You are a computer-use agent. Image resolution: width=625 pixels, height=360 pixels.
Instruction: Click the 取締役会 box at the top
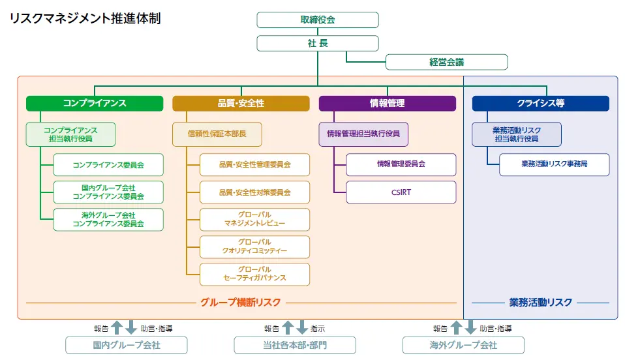(317, 20)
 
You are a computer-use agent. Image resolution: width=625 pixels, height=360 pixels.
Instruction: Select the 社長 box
(317, 43)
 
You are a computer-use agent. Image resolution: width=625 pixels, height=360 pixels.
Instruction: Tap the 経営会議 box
(446, 62)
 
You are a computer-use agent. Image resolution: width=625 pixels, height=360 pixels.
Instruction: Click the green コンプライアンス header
(95, 103)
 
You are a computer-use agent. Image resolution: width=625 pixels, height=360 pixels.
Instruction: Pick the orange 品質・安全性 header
(241, 103)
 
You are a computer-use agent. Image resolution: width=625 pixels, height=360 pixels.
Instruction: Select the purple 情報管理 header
(387, 103)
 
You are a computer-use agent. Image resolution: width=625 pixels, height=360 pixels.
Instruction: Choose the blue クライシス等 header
(540, 103)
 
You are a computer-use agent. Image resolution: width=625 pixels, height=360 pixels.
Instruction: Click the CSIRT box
(401, 192)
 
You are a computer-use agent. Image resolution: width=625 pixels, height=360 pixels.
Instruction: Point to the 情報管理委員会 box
(401, 164)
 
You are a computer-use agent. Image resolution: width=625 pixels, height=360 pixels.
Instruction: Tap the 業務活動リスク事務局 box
(554, 164)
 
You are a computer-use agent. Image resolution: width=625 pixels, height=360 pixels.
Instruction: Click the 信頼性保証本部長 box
(217, 134)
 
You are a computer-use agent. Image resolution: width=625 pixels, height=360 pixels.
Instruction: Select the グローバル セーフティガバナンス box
(254, 274)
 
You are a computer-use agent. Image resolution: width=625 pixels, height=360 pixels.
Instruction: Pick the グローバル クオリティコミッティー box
(254, 247)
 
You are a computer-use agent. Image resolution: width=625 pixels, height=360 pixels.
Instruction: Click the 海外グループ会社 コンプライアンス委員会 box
(108, 220)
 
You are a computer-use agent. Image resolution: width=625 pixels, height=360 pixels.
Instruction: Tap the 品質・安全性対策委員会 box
(254, 192)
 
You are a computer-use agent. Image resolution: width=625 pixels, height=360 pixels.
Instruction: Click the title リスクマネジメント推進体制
(85, 18)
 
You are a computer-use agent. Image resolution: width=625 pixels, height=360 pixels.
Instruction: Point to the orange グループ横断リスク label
(241, 302)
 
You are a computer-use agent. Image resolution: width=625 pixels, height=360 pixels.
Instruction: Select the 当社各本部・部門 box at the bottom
(295, 345)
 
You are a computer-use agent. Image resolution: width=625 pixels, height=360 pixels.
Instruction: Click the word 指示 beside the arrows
(318, 329)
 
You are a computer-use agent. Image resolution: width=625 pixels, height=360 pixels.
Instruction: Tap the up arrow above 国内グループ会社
(117, 327)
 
